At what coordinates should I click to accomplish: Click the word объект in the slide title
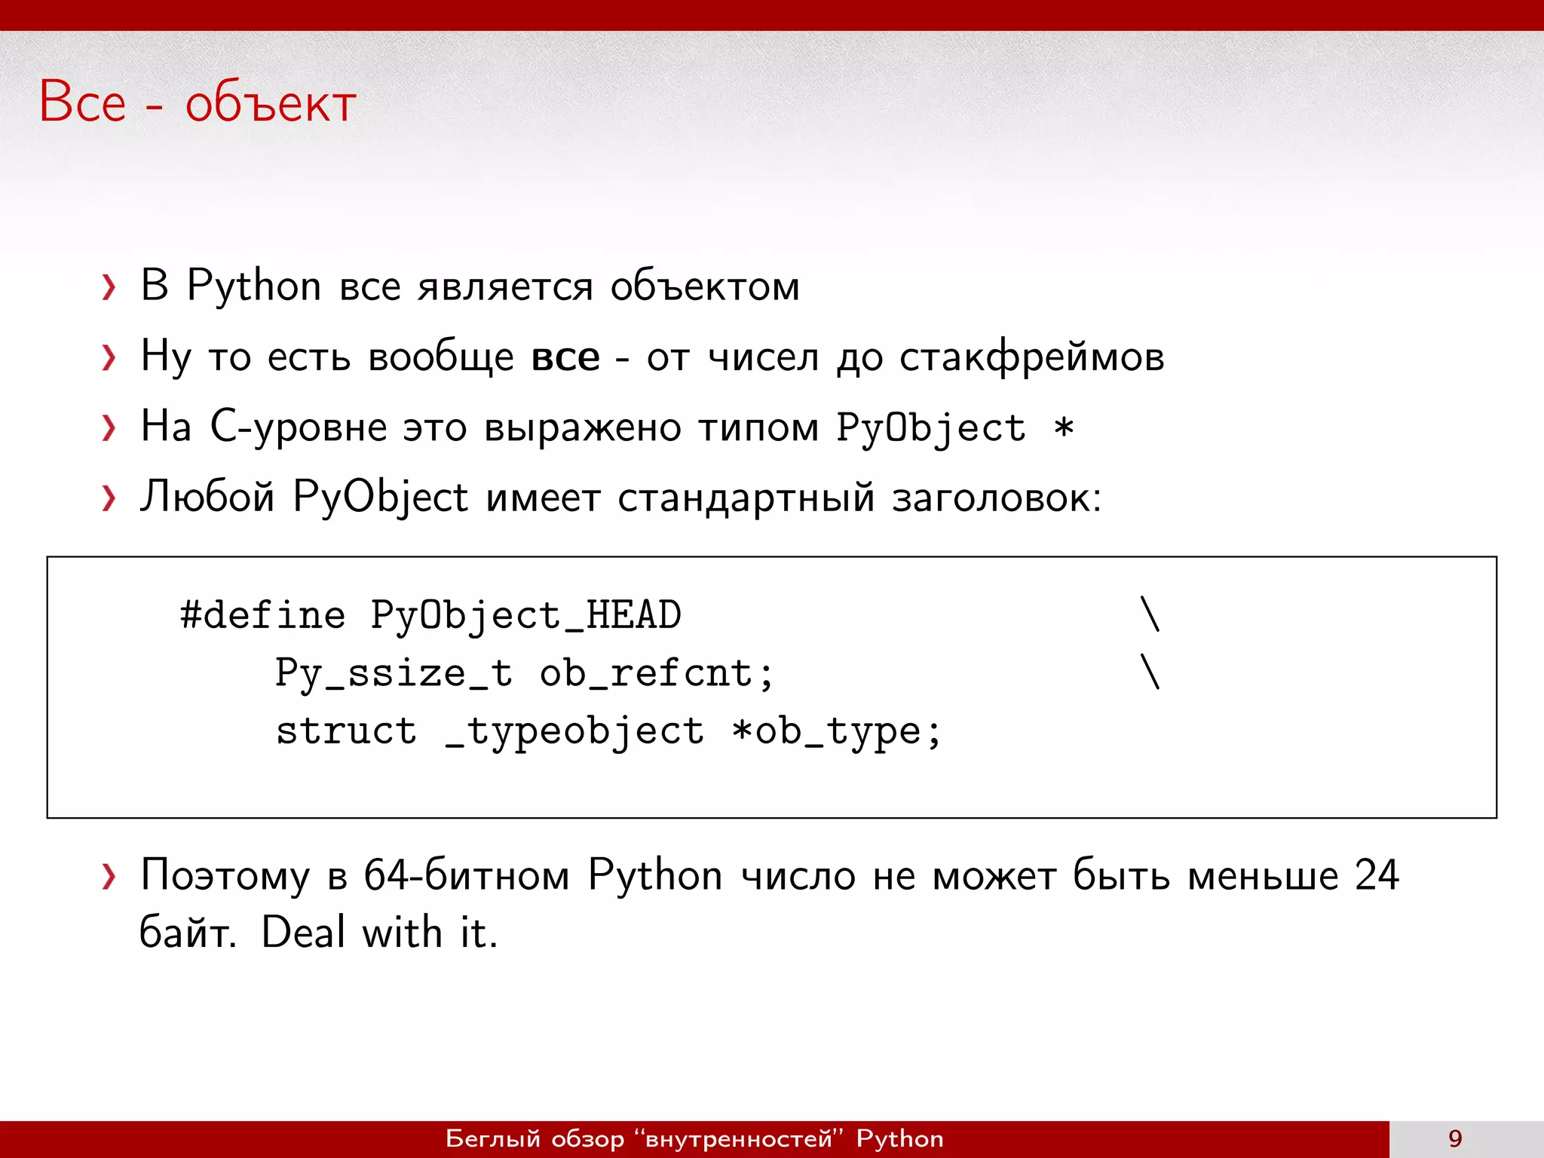(271, 103)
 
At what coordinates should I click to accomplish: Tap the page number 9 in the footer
(1455, 1138)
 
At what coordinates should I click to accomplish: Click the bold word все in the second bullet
(565, 357)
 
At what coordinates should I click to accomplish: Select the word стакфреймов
(1031, 357)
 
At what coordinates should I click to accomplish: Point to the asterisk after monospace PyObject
(1063, 428)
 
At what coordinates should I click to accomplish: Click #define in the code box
(263, 615)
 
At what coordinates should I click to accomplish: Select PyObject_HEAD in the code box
(525, 616)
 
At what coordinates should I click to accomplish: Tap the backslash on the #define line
(1150, 614)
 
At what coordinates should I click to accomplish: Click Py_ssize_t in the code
(394, 673)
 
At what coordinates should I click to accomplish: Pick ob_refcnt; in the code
(657, 673)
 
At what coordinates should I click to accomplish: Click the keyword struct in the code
(346, 731)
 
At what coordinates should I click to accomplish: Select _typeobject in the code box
(574, 732)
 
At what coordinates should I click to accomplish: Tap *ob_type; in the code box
(837, 732)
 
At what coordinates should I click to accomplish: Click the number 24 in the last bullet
(1376, 875)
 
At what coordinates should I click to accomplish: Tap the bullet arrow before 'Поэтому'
(109, 876)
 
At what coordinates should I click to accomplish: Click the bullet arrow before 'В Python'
(109, 287)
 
